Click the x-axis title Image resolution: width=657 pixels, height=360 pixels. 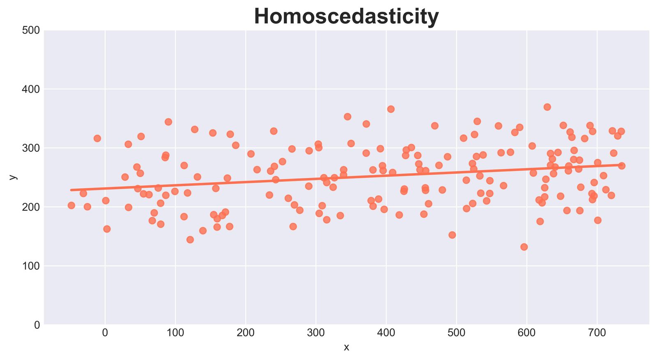347,348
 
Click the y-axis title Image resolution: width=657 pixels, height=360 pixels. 13,177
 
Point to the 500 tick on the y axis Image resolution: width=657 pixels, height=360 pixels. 31,30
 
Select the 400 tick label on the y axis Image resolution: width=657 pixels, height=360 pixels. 31,89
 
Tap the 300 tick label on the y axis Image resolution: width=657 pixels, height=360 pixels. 31,148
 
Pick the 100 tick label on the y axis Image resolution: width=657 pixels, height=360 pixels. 31,266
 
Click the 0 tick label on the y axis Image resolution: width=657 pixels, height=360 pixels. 37,325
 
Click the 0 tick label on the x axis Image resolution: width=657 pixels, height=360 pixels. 105,334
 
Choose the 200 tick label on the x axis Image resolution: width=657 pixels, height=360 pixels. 246,334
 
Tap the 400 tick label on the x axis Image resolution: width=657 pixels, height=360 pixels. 386,334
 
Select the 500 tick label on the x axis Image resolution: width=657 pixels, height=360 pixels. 456,334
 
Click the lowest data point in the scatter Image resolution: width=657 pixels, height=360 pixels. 524,247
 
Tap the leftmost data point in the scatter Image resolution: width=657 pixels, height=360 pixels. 71,205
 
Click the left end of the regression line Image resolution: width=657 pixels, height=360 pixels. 71,190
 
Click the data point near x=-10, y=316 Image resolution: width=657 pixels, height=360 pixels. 97,138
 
